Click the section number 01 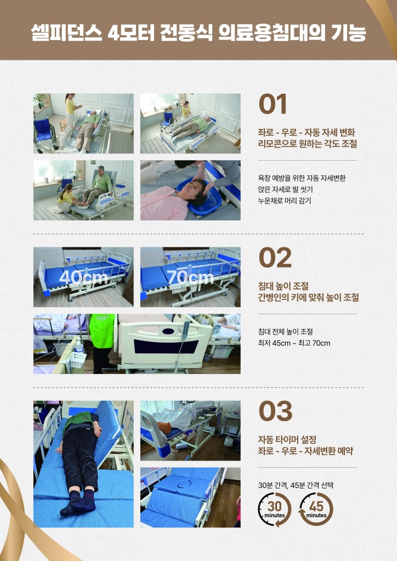[273, 104]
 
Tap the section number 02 [275, 258]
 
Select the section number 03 [275, 411]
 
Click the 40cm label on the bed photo [83, 277]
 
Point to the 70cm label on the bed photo [190, 277]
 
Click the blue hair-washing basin [199, 196]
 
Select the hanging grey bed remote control [186, 330]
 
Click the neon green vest [102, 331]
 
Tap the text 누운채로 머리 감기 [285, 201]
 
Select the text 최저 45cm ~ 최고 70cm [294, 343]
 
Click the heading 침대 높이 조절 [283, 286]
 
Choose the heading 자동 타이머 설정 [287, 439]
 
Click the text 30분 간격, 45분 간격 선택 [296, 485]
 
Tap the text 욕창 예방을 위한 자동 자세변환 [302, 178]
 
